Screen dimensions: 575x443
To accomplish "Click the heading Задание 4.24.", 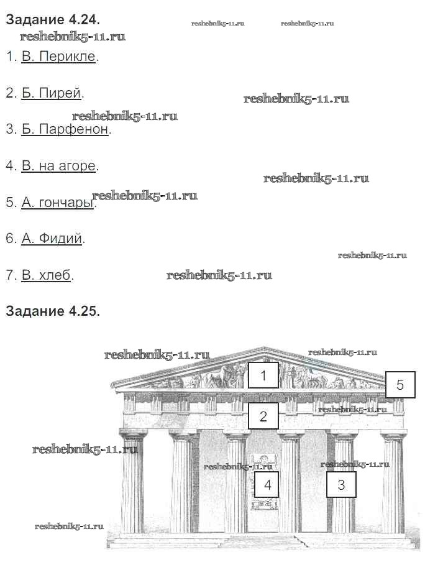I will [52, 19].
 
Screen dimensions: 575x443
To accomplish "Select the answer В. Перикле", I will [59, 57].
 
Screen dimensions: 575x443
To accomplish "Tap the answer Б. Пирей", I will [52, 93].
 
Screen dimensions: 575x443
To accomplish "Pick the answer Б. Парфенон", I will [65, 129].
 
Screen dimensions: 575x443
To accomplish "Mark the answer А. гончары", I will [57, 202].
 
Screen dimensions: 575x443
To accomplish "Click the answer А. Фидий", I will [52, 238].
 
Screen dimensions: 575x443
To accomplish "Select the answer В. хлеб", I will [46, 275].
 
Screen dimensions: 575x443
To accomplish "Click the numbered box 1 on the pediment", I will [263, 375].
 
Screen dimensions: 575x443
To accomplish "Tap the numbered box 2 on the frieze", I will [263, 416].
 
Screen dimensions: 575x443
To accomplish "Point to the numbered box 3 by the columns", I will [341, 485].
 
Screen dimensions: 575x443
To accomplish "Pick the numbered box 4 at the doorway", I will [267, 485].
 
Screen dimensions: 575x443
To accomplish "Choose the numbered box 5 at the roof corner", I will [400, 385].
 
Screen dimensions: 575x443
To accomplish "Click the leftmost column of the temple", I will [133, 482].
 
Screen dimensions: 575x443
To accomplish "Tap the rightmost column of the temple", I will [393, 482].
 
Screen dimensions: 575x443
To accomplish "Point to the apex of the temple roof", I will [265, 349].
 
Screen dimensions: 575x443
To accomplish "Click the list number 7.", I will [9, 275].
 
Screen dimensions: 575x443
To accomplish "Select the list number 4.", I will [9, 166].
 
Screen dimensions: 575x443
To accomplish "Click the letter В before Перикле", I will [26, 57].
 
